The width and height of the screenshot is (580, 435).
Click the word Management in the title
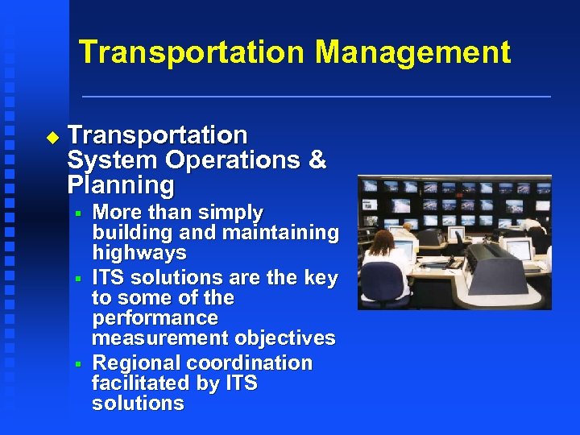[412, 52]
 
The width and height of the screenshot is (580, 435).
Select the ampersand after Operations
[317, 159]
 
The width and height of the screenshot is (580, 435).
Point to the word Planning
[121, 185]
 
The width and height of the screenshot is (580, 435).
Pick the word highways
[139, 253]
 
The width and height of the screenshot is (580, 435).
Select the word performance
[155, 318]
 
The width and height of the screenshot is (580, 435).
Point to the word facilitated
[141, 383]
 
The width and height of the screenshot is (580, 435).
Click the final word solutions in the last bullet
[138, 404]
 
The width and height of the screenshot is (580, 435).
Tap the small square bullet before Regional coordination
[78, 364]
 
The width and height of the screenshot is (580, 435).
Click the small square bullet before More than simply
[78, 213]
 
